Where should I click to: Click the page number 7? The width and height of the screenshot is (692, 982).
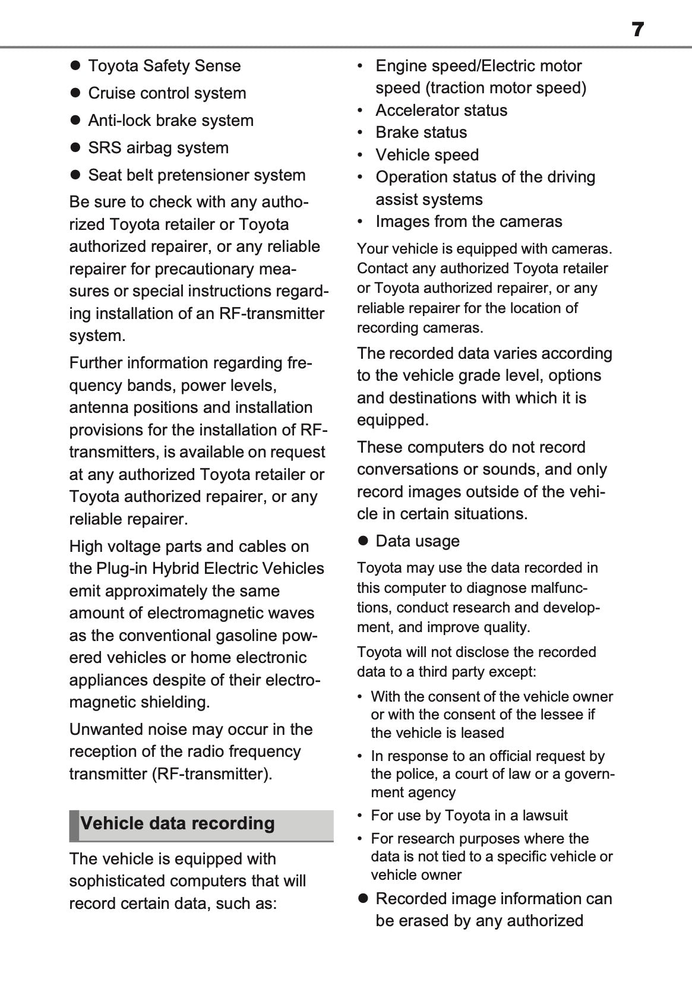(x=637, y=29)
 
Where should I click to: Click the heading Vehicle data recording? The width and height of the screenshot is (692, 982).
(x=178, y=823)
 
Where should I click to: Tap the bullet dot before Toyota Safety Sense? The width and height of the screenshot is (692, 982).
(x=75, y=65)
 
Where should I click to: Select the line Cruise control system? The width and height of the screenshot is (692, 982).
(x=167, y=93)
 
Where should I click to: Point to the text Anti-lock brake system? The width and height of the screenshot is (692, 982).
(x=170, y=121)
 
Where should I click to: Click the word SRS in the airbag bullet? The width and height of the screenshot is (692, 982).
(x=102, y=148)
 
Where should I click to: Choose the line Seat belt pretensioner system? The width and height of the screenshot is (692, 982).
(x=197, y=175)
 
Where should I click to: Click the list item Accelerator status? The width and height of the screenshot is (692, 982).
(x=441, y=110)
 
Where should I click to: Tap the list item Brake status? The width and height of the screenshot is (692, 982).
(x=421, y=132)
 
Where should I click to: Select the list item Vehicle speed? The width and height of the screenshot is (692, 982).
(x=427, y=155)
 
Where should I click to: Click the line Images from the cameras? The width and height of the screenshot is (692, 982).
(x=469, y=222)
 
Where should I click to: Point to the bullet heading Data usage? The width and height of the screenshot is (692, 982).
(x=418, y=541)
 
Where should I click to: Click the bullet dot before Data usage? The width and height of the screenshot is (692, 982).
(x=363, y=541)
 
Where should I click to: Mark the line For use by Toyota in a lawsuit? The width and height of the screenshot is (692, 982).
(x=469, y=815)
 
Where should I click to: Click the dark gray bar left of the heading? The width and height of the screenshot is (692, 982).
(x=74, y=825)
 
